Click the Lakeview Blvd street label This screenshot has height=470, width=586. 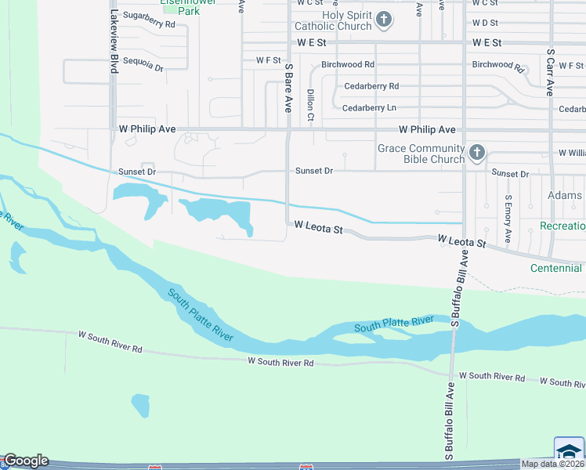coord(114,42)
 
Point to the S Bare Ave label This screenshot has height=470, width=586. coord(288,87)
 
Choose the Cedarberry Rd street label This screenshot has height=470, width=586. coord(371,86)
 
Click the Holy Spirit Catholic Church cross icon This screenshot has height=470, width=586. coord(383,20)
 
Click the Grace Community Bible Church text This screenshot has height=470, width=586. coord(421,154)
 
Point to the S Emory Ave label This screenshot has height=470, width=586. coord(508,218)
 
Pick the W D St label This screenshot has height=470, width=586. coord(485,23)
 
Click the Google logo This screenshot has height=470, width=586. coord(25,461)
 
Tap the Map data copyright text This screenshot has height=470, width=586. coord(552,464)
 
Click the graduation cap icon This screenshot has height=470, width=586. coord(569,450)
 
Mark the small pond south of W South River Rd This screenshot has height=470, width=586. coord(140,405)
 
